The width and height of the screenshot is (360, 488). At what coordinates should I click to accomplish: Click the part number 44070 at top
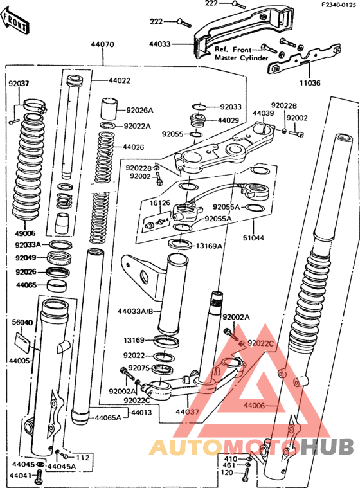[x=102, y=45]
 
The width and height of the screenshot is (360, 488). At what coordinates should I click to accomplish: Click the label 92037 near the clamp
[x=19, y=83]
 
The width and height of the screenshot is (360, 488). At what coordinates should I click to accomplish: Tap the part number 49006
[x=25, y=233]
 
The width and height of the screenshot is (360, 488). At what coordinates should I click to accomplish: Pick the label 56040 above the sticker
[x=22, y=322]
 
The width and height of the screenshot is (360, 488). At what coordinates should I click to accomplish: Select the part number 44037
[x=187, y=411]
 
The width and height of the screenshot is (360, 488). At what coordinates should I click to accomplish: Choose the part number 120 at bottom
[x=226, y=473]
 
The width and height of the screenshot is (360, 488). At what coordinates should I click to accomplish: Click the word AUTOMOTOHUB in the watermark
[x=252, y=446]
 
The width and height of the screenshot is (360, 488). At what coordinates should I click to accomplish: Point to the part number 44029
[x=228, y=120]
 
